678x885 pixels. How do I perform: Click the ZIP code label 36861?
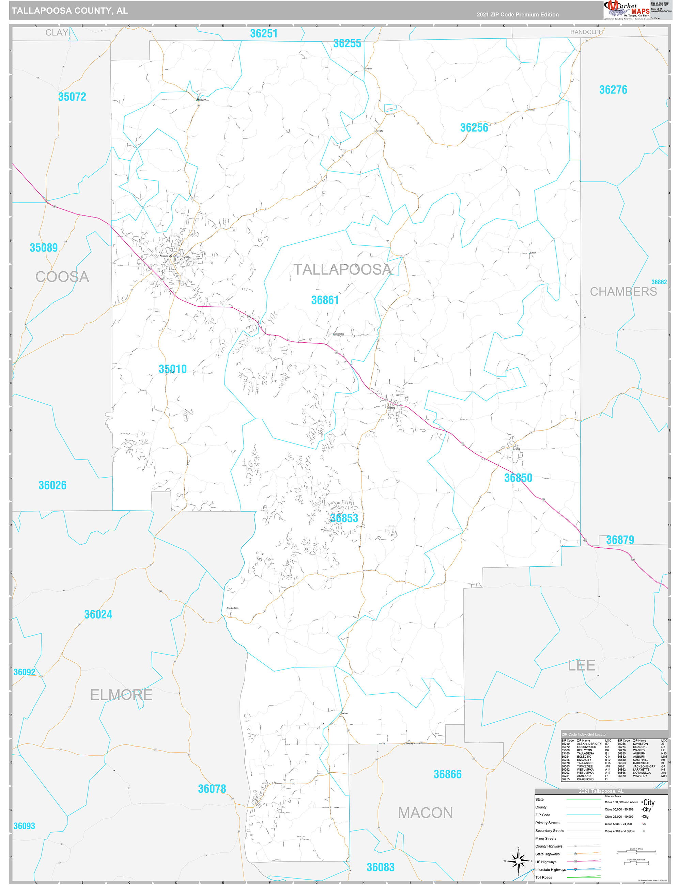point(325,300)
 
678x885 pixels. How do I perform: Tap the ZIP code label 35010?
point(172,369)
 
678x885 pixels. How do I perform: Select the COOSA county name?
point(62,277)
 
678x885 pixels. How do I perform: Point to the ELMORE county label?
point(121,695)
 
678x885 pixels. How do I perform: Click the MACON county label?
point(425,813)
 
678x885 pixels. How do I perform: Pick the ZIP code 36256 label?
point(474,128)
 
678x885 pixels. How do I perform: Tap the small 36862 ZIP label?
point(659,282)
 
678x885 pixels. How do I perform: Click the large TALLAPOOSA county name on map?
point(342,269)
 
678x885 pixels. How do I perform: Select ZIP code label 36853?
point(344,518)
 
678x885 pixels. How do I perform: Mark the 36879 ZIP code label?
point(620,540)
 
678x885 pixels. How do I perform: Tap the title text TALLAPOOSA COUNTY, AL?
point(70,11)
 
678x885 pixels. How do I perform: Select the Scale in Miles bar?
point(636,852)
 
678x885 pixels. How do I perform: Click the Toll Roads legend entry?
point(544,877)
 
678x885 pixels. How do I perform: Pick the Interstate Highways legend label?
point(551,870)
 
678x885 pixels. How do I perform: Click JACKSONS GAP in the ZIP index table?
point(644,767)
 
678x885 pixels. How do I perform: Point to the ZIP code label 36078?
point(212,789)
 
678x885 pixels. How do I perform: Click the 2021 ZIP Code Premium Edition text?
point(518,15)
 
